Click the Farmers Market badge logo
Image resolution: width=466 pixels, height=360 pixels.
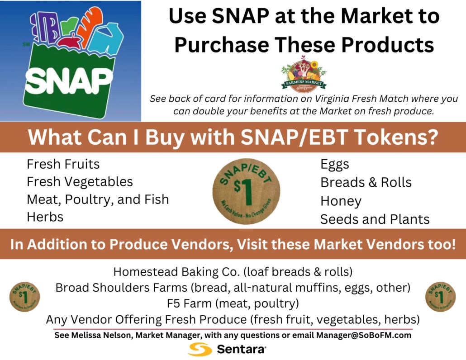pos(303,76)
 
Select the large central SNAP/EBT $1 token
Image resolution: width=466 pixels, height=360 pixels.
pos(246,191)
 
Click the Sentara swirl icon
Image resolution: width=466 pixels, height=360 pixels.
pos(200,349)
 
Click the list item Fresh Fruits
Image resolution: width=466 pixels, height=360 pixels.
pos(63,164)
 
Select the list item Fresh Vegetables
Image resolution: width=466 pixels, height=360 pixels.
pos(80,181)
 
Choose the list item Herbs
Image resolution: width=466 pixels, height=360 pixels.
pos(45,217)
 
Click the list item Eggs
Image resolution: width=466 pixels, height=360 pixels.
pos(335,164)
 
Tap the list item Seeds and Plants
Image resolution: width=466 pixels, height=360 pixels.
pos(375,219)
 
